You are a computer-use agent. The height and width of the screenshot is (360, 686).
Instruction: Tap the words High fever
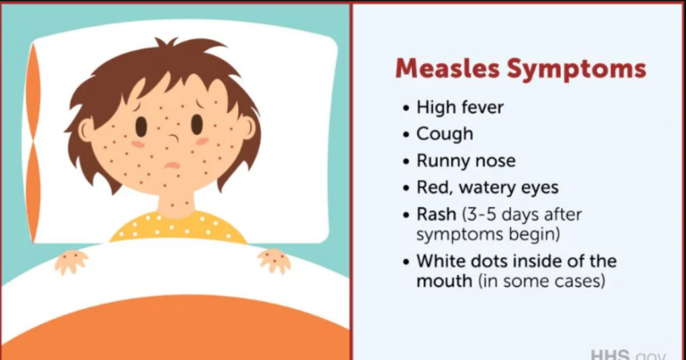pyautogui.click(x=460, y=107)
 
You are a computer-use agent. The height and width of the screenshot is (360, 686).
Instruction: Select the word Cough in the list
pyautogui.click(x=444, y=134)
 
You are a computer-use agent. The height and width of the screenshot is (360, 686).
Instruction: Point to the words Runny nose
pyautogui.click(x=465, y=161)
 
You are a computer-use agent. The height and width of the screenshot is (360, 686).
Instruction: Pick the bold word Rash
pyautogui.click(x=435, y=215)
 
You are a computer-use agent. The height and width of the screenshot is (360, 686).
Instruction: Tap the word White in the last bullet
pyautogui.click(x=439, y=262)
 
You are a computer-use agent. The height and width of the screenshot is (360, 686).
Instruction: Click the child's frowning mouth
pyautogui.click(x=172, y=165)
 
